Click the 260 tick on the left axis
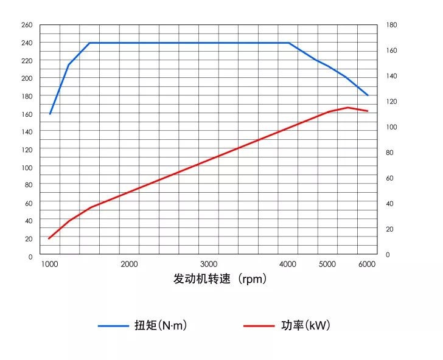(27, 25)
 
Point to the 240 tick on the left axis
(27, 43)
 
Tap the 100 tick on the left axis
(27, 167)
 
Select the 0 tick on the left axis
(29, 257)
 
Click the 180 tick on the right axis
(391, 25)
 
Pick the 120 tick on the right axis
(391, 102)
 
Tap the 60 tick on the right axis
(389, 178)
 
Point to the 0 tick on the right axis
(388, 255)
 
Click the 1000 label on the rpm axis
(50, 264)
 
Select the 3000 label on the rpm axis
(209, 264)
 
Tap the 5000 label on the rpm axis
(327, 264)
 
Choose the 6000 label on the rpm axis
(367, 264)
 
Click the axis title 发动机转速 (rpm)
(220, 279)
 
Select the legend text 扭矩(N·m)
(160, 325)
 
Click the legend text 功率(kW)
(305, 325)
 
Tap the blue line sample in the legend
(113, 326)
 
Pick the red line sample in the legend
(259, 326)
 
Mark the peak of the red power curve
(347, 108)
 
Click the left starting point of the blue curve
(50, 114)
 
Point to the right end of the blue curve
(368, 95)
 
